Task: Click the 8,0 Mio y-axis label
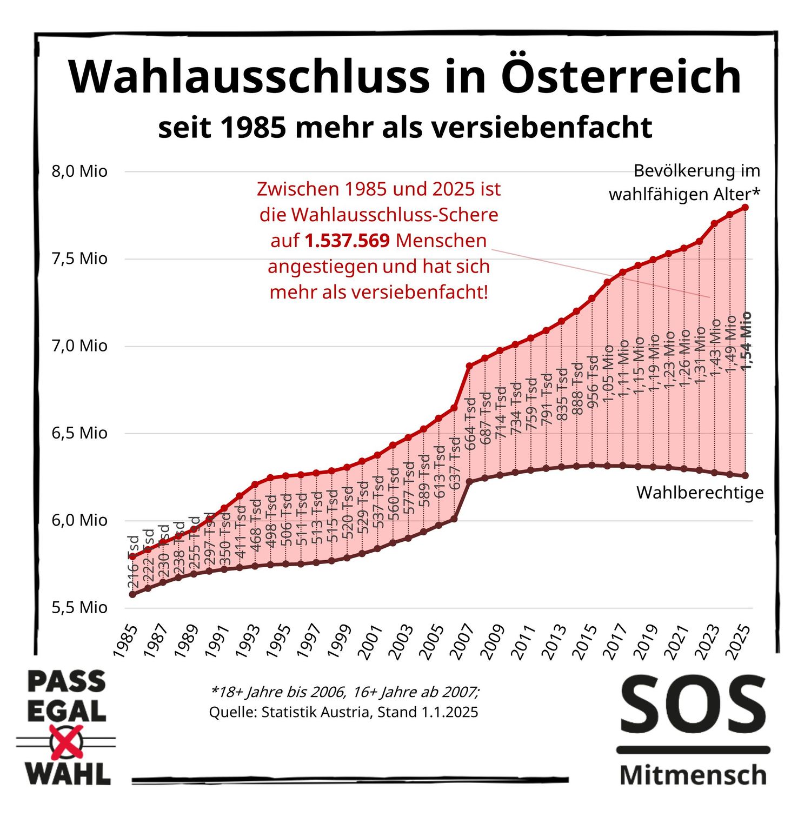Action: tap(79, 171)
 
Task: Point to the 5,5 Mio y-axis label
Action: tap(79, 607)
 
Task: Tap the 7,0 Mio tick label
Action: tap(79, 346)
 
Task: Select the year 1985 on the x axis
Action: tap(125, 641)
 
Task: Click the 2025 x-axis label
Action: tap(739, 641)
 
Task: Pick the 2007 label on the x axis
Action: tap(463, 641)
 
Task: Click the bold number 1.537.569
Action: tap(347, 241)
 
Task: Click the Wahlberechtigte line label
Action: tap(700, 493)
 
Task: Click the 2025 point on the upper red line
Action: tap(745, 207)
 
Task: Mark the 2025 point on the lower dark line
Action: tap(745, 475)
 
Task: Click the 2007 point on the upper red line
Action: tap(469, 366)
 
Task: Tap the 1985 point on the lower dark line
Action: tap(132, 594)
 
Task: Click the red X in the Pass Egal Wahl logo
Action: tap(66, 741)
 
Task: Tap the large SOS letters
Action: tap(693, 705)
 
